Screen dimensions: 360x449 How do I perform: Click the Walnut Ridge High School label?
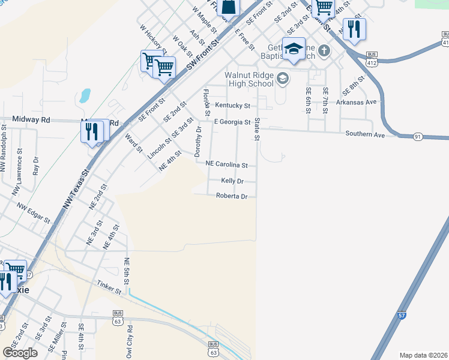(x=249, y=79)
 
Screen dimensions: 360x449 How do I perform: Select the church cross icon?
(x=324, y=50)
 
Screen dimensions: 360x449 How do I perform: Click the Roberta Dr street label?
(x=232, y=196)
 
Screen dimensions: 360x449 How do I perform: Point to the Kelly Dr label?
(x=232, y=181)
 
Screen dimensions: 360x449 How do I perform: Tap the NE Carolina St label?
(x=226, y=164)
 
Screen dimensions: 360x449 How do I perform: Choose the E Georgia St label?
(x=232, y=122)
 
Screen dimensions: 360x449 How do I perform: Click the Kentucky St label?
(x=232, y=106)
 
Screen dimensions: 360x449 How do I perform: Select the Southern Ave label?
(x=364, y=134)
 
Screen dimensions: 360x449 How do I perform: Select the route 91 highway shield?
(x=418, y=137)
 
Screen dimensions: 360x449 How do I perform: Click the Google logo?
(x=20, y=353)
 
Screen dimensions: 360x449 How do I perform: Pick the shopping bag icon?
(x=229, y=7)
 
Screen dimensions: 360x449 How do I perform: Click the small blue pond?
(x=85, y=95)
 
